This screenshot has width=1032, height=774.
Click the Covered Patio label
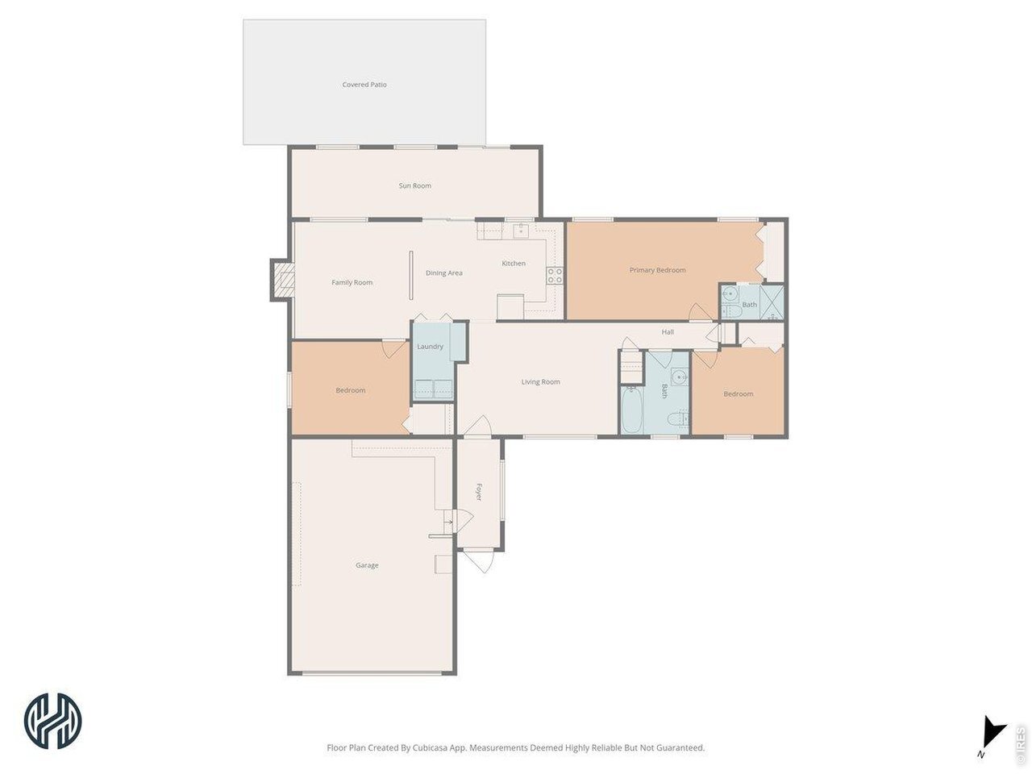pos(364,85)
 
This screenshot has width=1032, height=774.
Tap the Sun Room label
pos(414,185)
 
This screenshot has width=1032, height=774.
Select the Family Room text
pos(352,282)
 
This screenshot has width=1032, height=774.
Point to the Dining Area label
pos(443,273)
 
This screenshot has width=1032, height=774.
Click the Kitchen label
pos(514,263)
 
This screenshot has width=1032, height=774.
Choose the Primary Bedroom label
pos(657,270)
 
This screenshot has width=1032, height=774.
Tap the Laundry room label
pos(430,347)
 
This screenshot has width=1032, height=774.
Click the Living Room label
pos(540,381)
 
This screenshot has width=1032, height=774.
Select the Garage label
pos(367,565)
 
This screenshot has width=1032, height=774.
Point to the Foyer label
pos(479,492)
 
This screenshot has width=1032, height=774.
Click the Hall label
pos(668,332)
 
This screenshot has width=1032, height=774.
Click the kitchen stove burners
pos(555,276)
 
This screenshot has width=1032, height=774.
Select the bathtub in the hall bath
pos(632,410)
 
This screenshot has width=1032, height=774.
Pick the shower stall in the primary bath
pos(772,302)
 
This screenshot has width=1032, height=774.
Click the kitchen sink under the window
pos(521,231)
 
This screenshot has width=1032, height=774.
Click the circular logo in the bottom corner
pos(52,721)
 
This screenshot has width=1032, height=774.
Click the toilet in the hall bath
pos(677,418)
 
